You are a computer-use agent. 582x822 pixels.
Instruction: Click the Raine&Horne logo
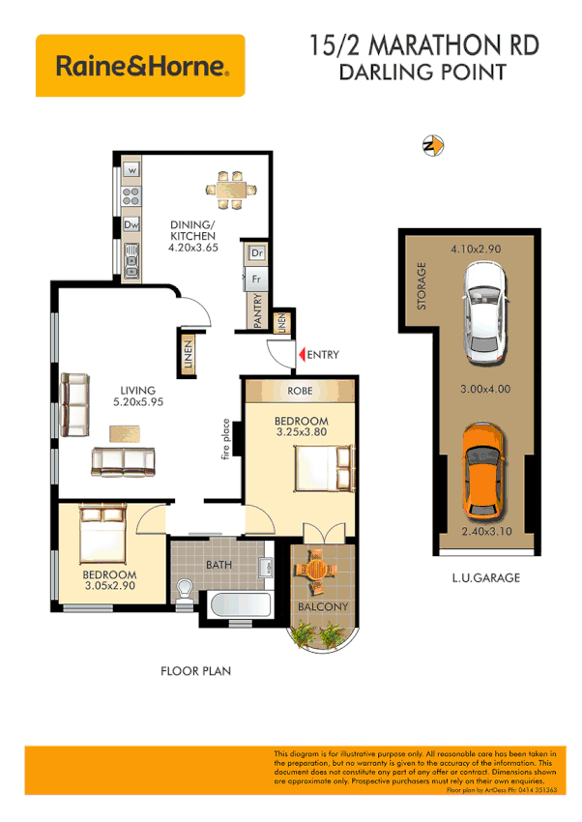pyautogui.click(x=140, y=66)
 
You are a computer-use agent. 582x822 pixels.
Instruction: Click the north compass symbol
pyautogui.click(x=433, y=146)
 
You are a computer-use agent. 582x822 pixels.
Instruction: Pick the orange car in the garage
pyautogui.click(x=480, y=470)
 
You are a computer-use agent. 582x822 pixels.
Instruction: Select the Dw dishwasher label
pyautogui.click(x=131, y=224)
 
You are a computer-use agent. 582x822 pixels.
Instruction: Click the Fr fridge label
pyautogui.click(x=256, y=278)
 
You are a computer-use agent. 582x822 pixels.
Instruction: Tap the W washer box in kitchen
pyautogui.click(x=131, y=171)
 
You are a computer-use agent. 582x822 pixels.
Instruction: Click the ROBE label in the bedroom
pyautogui.click(x=300, y=391)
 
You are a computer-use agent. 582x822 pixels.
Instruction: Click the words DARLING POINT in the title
pyautogui.click(x=423, y=72)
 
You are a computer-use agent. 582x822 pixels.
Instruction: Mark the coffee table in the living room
pyautogui.click(x=123, y=433)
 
